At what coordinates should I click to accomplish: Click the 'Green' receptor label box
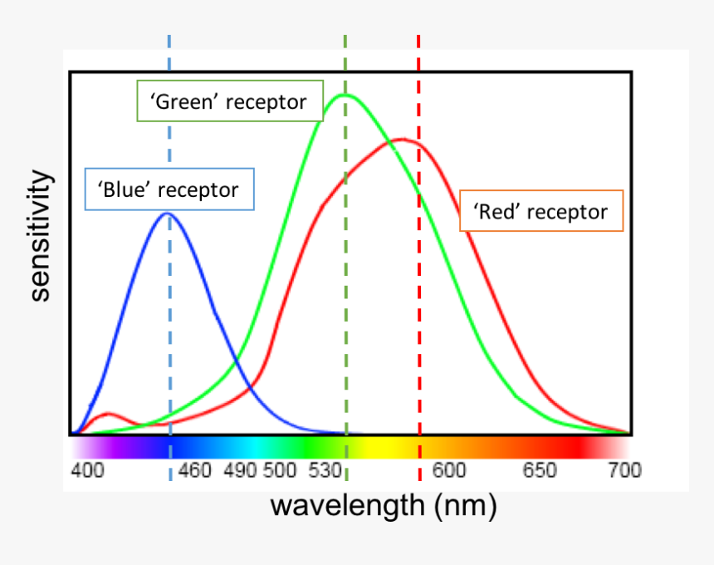tap(228, 101)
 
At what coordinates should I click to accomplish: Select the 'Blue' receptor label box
tap(170, 189)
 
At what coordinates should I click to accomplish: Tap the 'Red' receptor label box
tap(541, 211)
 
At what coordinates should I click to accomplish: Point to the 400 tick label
tap(87, 471)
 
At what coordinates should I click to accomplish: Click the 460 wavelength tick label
tap(195, 471)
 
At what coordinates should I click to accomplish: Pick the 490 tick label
tap(240, 471)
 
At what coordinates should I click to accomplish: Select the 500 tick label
tap(280, 471)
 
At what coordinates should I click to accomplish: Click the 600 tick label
tap(449, 471)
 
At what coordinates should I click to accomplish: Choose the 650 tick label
tap(540, 471)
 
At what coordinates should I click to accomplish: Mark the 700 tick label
tap(624, 471)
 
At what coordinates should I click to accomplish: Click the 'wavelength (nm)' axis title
tap(383, 504)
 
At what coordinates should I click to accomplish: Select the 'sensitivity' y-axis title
tap(40, 236)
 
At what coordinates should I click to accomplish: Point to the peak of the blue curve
tap(168, 214)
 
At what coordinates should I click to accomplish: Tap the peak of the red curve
tap(403, 139)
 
